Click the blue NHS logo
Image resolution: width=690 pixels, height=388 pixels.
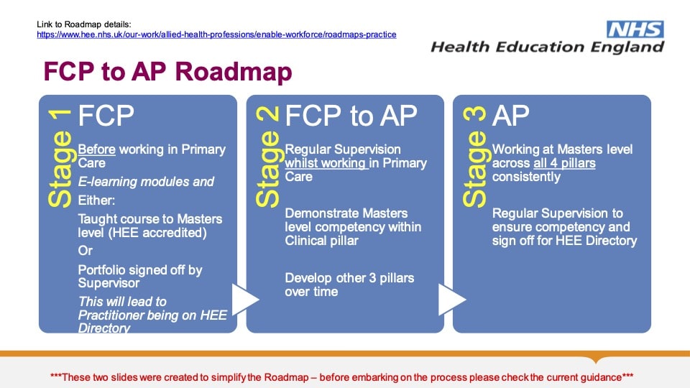point(635,29)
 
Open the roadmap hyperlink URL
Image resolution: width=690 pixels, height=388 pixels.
point(216,34)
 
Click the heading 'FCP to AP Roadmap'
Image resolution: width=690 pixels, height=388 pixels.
point(167,71)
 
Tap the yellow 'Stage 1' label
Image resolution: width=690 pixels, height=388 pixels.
point(60,158)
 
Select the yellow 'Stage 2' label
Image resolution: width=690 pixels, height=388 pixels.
point(267,157)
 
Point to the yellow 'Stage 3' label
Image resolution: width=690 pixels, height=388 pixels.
point(474,157)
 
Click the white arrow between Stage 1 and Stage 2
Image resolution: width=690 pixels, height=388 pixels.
point(245,299)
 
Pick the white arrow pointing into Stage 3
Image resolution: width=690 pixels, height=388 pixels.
point(452,299)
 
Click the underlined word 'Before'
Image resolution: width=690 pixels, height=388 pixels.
point(97,149)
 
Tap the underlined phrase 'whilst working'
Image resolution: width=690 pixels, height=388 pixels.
point(326,163)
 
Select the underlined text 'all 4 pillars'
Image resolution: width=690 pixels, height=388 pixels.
point(565,163)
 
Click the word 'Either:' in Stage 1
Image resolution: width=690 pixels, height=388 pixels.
point(96,200)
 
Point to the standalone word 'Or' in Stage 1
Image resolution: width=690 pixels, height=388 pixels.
point(86,251)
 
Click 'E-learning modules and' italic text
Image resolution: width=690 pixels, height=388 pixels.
point(146,182)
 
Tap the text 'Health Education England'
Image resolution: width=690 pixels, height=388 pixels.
point(547,47)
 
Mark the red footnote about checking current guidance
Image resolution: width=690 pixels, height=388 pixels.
point(341,377)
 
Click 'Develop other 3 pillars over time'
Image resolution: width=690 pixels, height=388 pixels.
point(349,285)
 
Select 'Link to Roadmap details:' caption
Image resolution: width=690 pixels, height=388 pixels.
point(84,24)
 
